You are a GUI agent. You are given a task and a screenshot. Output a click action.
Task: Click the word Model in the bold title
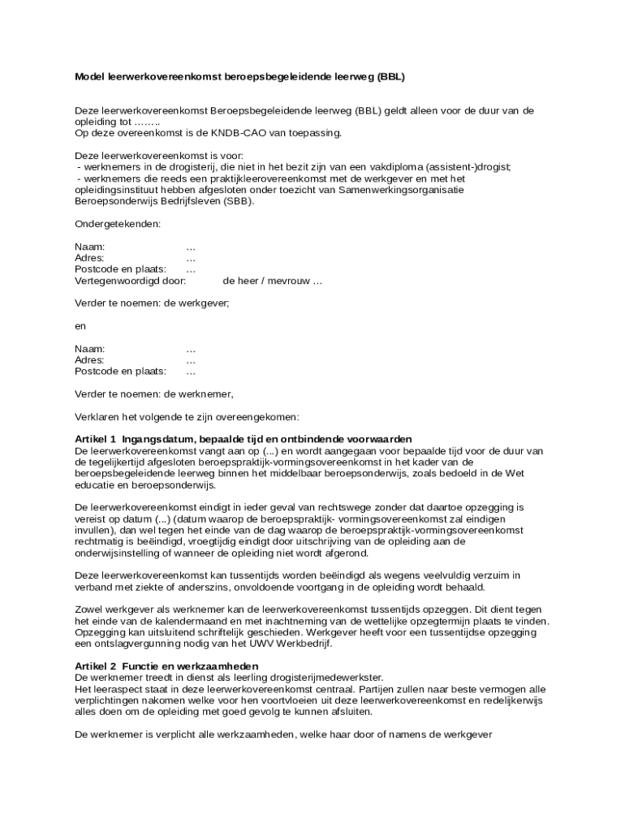[x=90, y=77]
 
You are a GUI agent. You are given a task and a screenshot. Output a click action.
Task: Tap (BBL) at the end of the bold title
[x=389, y=77]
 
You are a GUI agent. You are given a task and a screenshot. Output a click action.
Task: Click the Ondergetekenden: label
[x=118, y=223]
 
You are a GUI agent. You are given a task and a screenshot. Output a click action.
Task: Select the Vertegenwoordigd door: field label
[x=130, y=281]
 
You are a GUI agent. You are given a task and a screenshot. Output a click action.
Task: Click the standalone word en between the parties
[x=80, y=325]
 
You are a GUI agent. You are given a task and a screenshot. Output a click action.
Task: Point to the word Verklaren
[x=96, y=417]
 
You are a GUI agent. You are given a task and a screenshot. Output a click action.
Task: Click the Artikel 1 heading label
[x=96, y=439]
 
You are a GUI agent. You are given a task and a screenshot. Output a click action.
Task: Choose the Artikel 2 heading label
[x=96, y=665]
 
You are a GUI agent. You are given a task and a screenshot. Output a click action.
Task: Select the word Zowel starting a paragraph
[x=90, y=609]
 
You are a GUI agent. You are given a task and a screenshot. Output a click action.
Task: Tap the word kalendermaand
[x=192, y=621]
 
